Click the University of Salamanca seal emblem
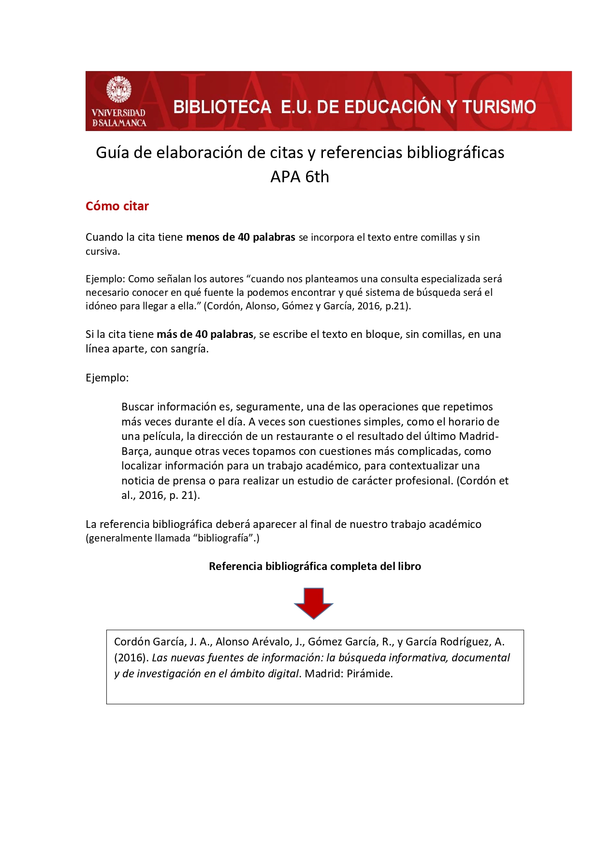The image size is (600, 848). coord(118,89)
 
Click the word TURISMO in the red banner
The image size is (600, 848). coord(499,107)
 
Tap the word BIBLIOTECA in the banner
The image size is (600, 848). coord(222,107)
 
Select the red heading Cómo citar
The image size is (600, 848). coord(117,206)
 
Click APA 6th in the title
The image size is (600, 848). coord(300,177)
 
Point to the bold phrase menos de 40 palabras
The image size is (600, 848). coord(240,237)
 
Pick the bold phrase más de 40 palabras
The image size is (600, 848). coord(205,334)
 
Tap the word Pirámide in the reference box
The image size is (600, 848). coord(369,673)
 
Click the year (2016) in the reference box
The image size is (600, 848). coord(131,658)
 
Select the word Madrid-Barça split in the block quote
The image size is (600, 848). coord(479,436)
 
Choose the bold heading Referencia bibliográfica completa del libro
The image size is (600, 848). coord(315,566)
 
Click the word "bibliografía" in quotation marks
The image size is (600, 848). coord(226,538)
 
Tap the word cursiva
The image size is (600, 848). coord(102,251)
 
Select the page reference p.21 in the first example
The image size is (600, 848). coord(396,306)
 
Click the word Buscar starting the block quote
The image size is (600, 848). coord(137,407)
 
